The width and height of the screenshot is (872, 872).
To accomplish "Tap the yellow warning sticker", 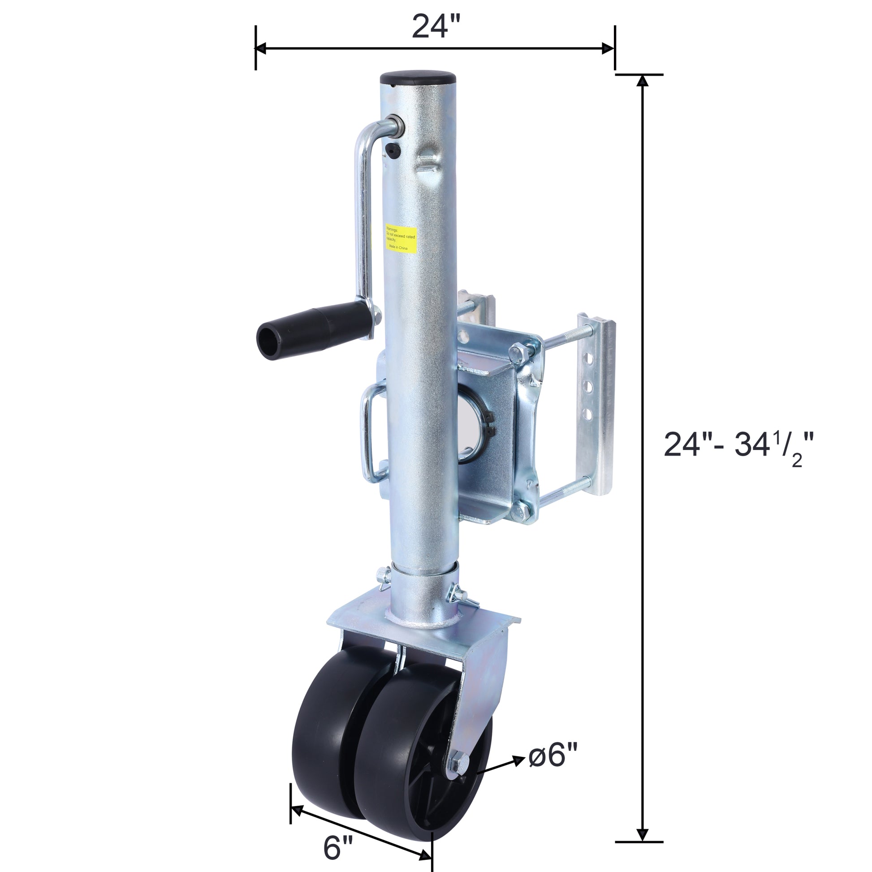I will (400, 239).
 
